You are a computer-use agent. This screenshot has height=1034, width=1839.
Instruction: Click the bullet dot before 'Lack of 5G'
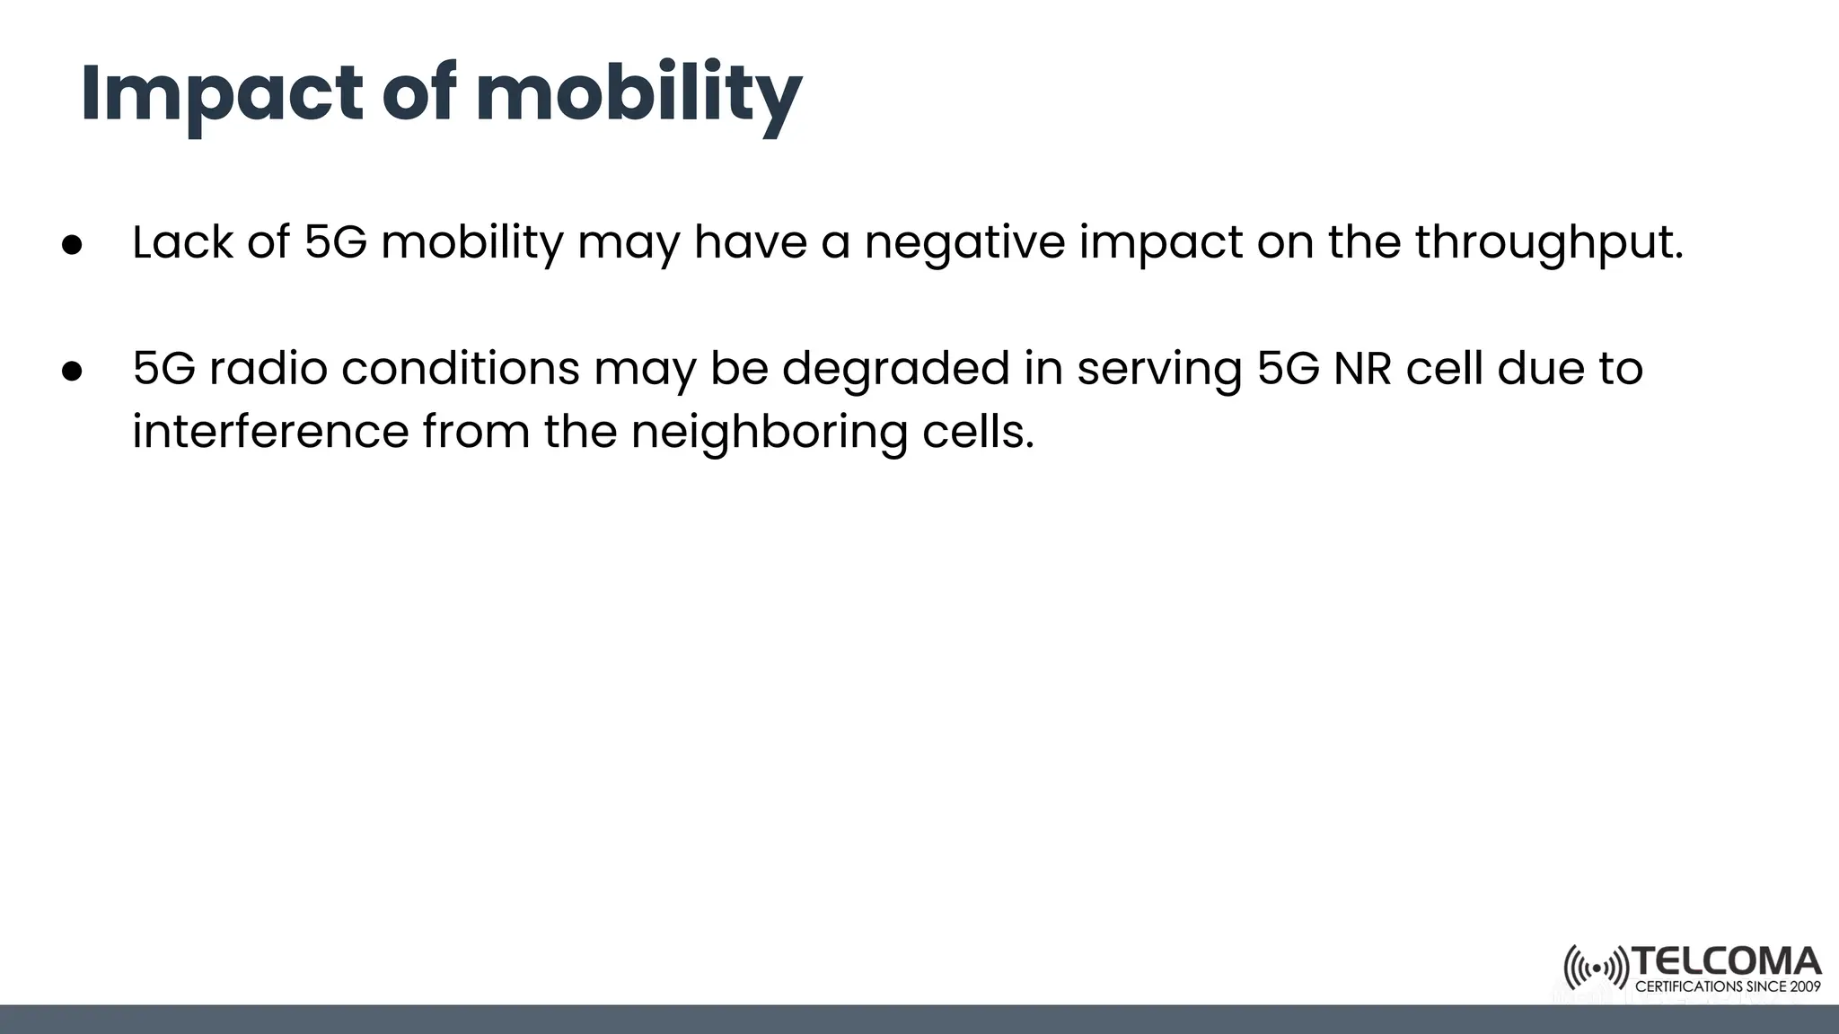72,244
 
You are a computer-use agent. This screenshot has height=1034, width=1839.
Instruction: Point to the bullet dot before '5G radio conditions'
72,371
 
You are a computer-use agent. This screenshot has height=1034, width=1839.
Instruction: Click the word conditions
460,369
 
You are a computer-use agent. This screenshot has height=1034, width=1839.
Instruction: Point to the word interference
270,432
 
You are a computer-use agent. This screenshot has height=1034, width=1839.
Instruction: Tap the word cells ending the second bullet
978,432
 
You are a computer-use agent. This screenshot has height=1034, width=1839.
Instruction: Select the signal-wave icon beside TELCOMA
1596,968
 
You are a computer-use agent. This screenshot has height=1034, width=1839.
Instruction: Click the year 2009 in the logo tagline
1804,986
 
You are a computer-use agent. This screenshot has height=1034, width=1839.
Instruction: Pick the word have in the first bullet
751,242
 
